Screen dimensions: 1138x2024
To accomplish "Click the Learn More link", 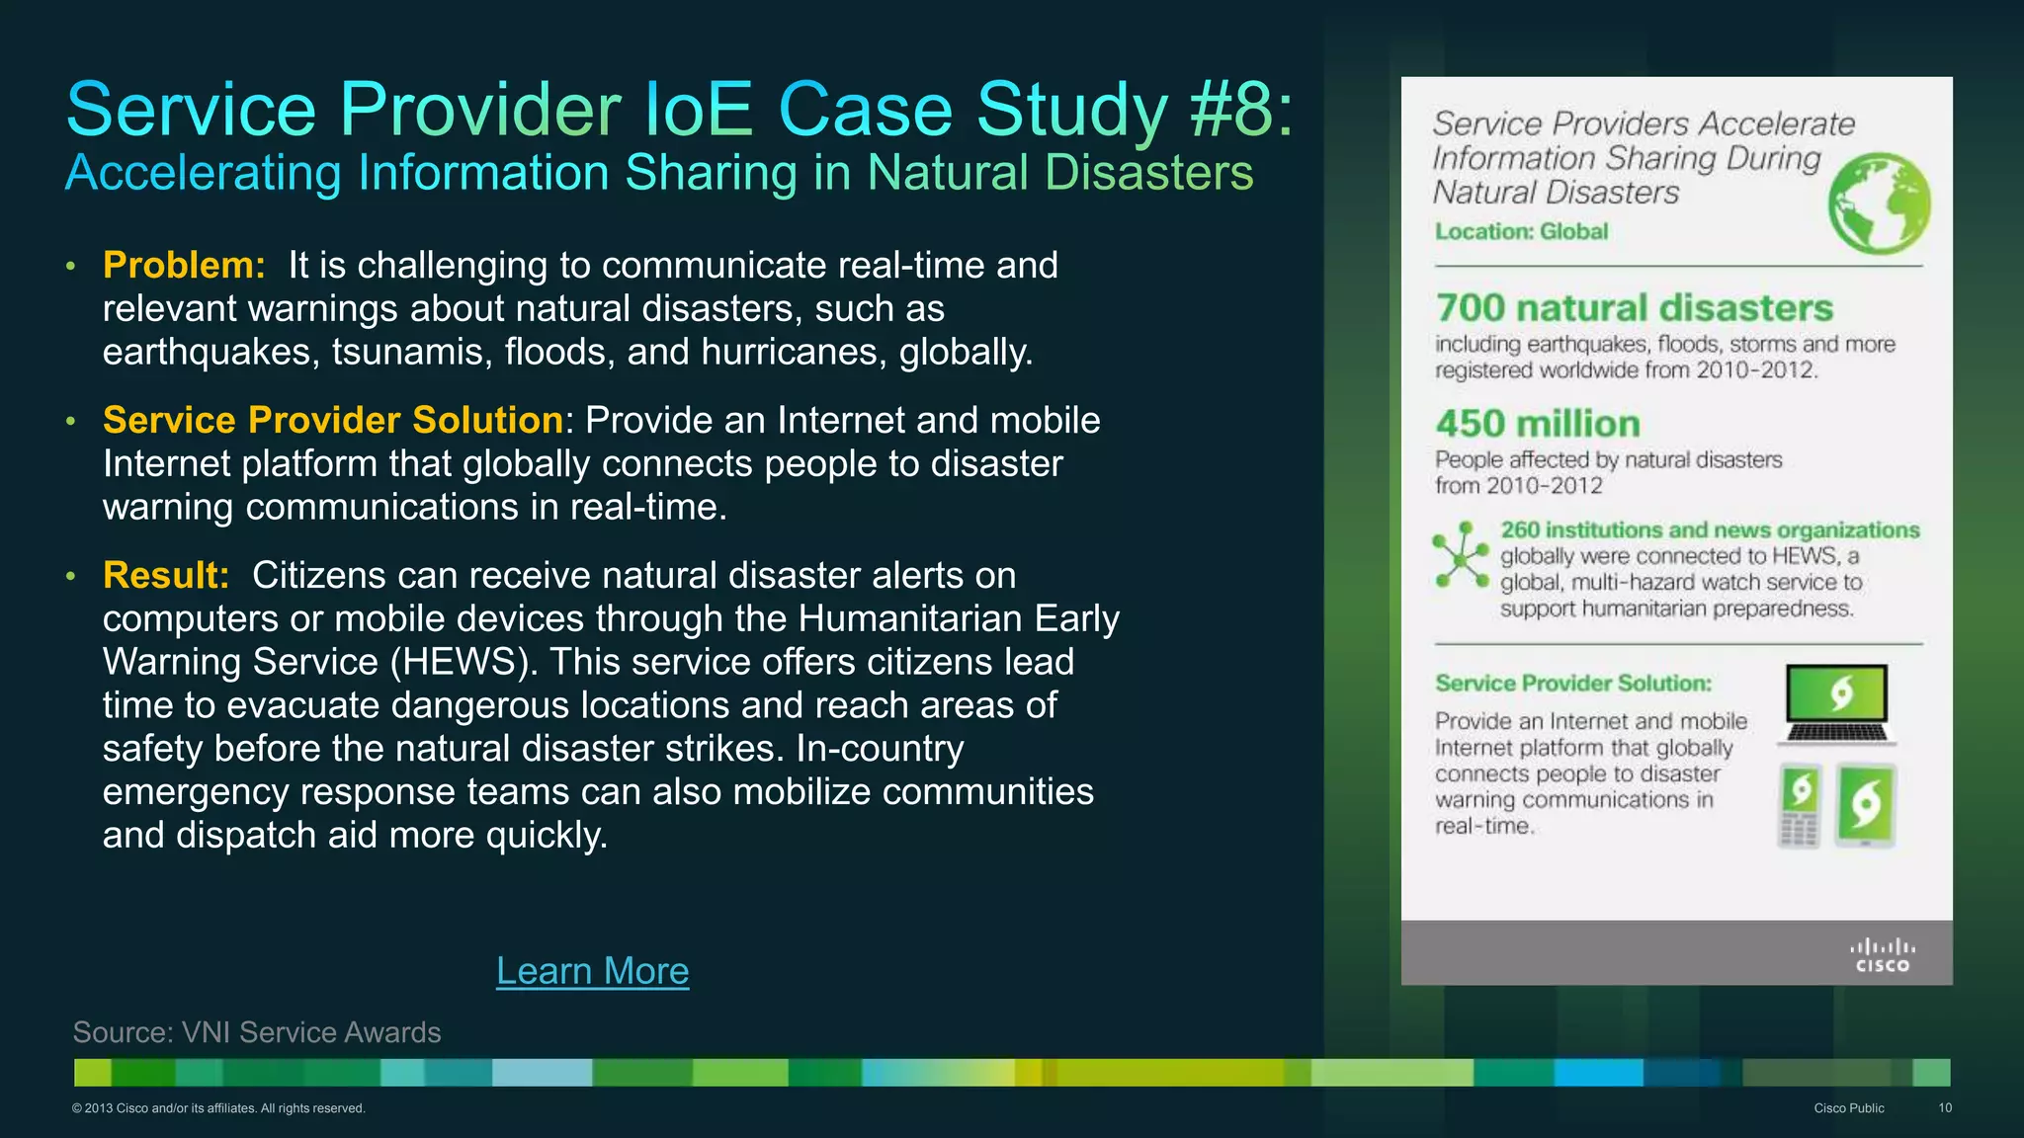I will (x=592, y=971).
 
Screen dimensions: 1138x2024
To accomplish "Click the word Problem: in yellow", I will (x=184, y=265).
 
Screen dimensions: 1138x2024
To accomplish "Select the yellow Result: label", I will (x=166, y=575).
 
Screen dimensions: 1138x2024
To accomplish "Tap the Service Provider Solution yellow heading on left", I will (x=333, y=420).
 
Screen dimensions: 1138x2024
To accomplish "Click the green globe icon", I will (x=1879, y=203).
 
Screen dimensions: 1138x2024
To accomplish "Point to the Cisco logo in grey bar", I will (x=1882, y=955).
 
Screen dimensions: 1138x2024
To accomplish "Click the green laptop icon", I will (x=1837, y=704).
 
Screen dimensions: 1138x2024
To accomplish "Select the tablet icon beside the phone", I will (x=1865, y=805).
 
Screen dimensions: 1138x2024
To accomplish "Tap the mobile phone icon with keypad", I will (x=1800, y=806).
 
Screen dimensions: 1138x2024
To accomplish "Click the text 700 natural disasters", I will (x=1634, y=307).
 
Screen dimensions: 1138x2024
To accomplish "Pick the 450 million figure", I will (x=1538, y=424).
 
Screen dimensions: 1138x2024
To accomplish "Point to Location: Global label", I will (x=1521, y=231).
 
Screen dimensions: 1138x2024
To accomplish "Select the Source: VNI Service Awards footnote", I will (x=257, y=1032).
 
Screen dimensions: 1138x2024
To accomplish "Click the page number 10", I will (x=1944, y=1108).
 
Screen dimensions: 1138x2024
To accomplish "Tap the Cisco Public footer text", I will (x=1848, y=1108).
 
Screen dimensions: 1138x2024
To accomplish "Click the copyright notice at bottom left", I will (x=218, y=1108).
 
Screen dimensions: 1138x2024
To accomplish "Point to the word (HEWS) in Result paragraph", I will (x=464, y=662).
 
